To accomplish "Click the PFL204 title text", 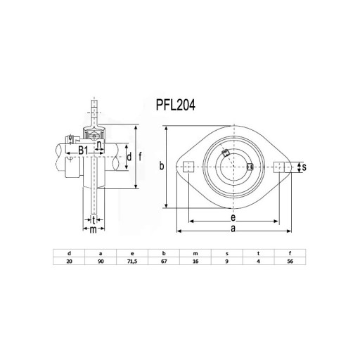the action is [176, 105].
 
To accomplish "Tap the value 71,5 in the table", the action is [132, 262].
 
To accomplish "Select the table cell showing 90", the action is [101, 262].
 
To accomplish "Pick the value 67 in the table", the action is [164, 262].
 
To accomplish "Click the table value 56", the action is [290, 262].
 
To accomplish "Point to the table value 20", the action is [69, 262].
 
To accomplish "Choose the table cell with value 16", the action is [195, 262].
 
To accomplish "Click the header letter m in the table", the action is [195, 253].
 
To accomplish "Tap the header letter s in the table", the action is [227, 253].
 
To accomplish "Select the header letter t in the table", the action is [258, 253].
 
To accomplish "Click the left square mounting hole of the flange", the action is [188, 167].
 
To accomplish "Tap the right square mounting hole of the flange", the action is [279, 167].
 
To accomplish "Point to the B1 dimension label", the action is [83, 150].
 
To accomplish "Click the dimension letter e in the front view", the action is [233, 218].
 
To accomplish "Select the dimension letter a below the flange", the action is [233, 229].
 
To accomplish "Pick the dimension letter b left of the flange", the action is [162, 165].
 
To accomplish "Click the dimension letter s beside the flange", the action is [304, 167].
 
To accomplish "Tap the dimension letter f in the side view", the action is [140, 156].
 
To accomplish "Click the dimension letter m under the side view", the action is [94, 230].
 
